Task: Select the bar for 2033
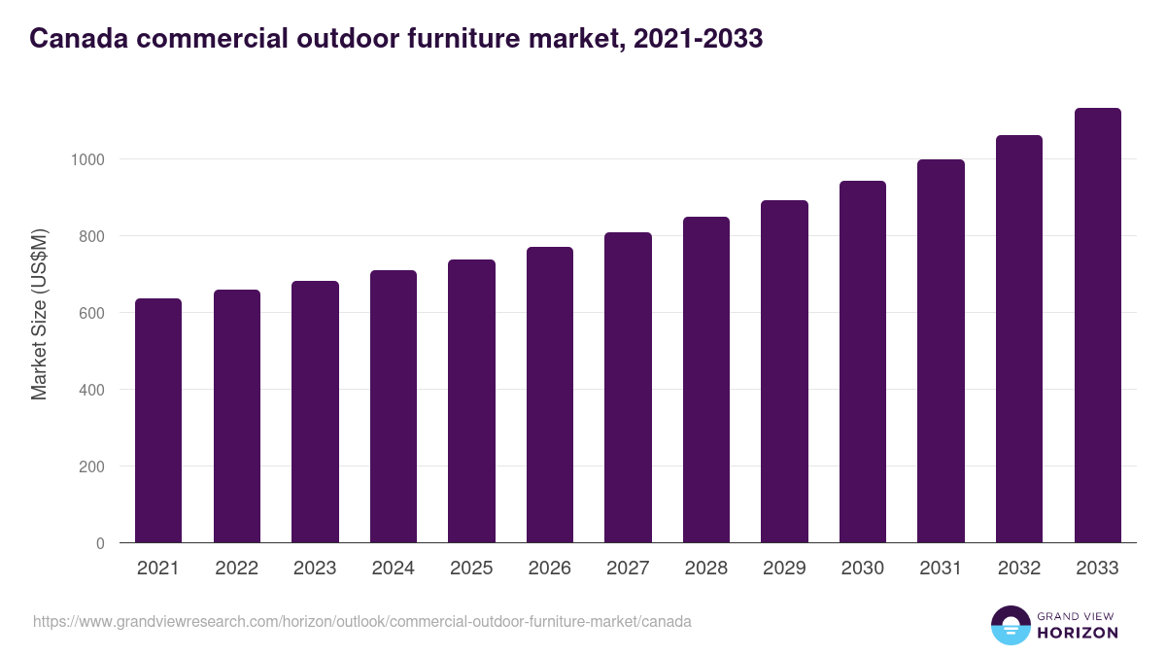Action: [x=1098, y=325]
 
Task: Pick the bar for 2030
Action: [x=863, y=362]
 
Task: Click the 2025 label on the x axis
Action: [x=471, y=569]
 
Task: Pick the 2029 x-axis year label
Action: [x=784, y=569]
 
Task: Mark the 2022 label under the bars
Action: [x=236, y=569]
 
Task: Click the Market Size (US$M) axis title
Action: [x=39, y=313]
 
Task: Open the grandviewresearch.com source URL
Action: [x=362, y=621]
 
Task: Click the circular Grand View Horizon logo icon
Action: [x=1010, y=625]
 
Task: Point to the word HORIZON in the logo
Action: [x=1078, y=633]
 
